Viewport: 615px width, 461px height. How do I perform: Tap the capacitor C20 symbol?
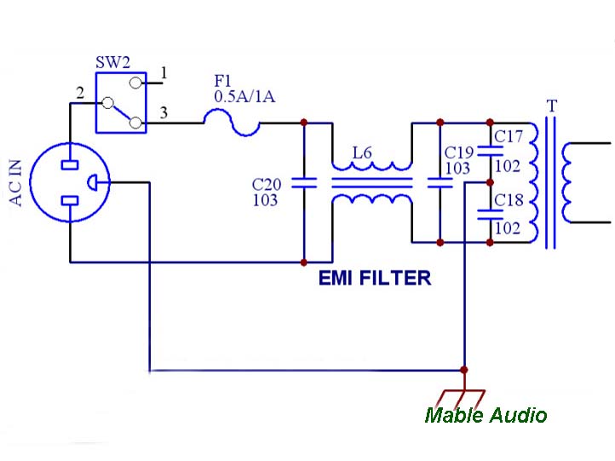(x=304, y=182)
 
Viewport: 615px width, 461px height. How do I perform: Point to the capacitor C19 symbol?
(x=440, y=182)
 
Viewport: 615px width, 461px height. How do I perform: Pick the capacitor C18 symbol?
(x=490, y=214)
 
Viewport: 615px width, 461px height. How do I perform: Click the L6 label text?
(x=363, y=153)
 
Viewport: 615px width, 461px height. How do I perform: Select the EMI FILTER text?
(x=374, y=278)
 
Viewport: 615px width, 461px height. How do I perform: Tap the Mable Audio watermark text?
(x=486, y=415)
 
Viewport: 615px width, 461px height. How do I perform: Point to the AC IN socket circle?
(x=71, y=182)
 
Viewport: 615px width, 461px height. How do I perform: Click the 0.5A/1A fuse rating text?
(x=244, y=97)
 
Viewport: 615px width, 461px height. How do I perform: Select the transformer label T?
(x=552, y=107)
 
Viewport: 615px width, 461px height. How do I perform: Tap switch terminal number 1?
(x=164, y=75)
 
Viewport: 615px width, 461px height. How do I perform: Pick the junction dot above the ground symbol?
(x=463, y=371)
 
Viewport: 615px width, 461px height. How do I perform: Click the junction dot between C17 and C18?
(x=490, y=182)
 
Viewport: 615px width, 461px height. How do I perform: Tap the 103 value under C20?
(x=265, y=200)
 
